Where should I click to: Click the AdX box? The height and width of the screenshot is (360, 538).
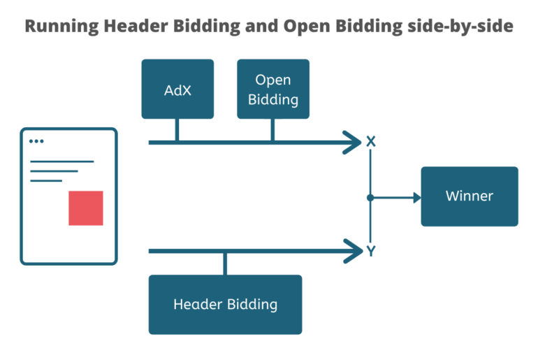[177, 89]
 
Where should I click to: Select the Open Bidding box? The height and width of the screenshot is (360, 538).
[272, 89]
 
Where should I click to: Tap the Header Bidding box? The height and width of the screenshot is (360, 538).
[225, 304]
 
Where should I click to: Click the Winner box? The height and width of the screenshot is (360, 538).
[469, 196]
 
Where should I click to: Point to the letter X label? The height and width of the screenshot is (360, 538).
[371, 143]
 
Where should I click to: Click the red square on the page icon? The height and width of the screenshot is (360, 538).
[85, 208]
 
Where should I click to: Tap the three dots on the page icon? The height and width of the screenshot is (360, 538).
[36, 141]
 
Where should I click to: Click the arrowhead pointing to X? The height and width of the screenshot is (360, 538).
[352, 143]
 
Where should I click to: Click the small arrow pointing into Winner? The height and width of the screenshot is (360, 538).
[416, 198]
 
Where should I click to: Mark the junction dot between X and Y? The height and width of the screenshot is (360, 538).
[370, 198]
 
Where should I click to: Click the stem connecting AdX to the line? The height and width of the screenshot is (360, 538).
[177, 130]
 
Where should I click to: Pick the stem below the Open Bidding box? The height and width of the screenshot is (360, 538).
[272, 130]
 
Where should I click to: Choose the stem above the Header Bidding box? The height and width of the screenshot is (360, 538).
[225, 263]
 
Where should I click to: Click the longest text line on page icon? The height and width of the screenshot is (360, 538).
[61, 161]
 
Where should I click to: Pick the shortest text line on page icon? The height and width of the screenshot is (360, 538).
[45, 180]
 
